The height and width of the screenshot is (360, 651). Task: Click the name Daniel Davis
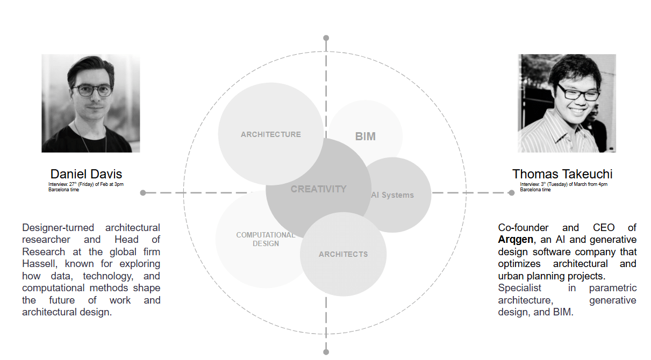[86, 174]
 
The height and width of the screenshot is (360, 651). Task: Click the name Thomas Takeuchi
[562, 174]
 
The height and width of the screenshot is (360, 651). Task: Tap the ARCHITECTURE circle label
[271, 134]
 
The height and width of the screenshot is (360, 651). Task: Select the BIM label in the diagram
[366, 136]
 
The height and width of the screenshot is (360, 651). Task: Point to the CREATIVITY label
[319, 189]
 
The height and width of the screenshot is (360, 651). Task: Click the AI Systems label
[392, 195]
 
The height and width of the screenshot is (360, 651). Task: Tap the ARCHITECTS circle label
[344, 254]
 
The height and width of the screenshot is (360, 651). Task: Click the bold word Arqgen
[516, 240]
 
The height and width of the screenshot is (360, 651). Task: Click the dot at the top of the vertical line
[326, 38]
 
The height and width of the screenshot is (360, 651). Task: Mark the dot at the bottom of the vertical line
[326, 352]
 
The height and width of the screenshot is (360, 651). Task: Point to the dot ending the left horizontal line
[143, 192]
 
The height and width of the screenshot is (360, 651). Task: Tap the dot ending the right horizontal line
[511, 192]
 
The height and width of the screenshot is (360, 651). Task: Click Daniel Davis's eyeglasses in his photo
[92, 90]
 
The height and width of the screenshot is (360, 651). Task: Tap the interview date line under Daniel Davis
[86, 184]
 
